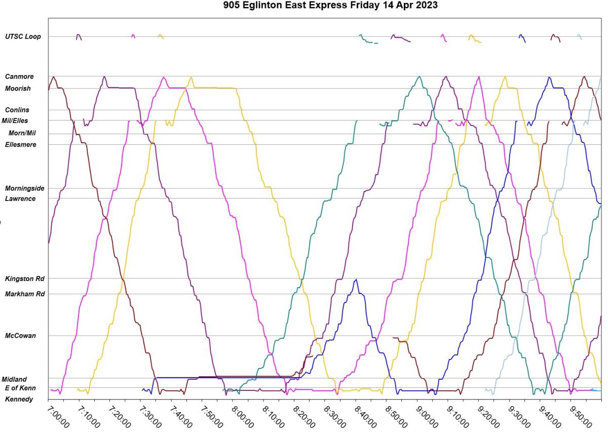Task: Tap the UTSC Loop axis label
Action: click(23, 36)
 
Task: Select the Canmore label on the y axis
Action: click(19, 76)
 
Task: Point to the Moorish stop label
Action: click(18, 89)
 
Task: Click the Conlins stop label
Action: click(17, 110)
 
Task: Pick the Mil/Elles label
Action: click(15, 121)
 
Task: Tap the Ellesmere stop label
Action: click(20, 144)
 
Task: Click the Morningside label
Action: click(24, 188)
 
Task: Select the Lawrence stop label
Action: click(20, 198)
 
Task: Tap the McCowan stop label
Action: click(20, 335)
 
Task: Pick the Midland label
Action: click(14, 379)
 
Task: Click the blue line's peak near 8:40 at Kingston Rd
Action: click(356, 280)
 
